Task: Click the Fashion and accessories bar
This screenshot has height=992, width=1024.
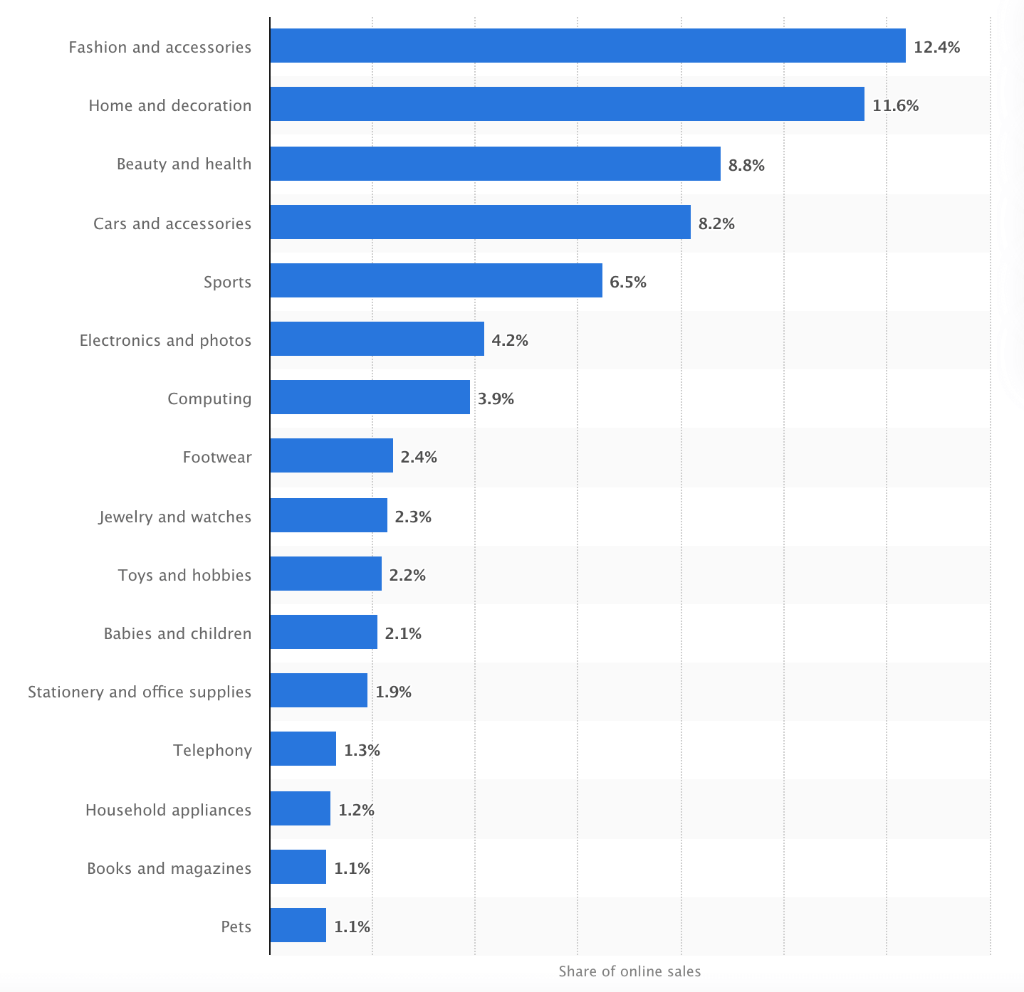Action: coord(587,46)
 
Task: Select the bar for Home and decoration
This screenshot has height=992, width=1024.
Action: coord(568,104)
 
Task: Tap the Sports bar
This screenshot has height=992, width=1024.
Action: coord(437,280)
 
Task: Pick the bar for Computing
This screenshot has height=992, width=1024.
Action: coord(370,397)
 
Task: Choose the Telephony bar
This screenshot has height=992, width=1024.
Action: coord(303,749)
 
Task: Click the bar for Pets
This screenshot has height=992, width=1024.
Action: coord(298,924)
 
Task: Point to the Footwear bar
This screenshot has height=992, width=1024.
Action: coord(332,455)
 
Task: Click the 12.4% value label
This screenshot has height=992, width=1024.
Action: coord(936,48)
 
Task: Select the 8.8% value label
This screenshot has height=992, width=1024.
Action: coord(746,166)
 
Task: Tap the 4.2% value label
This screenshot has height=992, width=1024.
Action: coord(510,341)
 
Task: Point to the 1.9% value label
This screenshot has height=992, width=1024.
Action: coord(393,692)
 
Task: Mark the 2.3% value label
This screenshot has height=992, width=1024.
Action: coord(413,517)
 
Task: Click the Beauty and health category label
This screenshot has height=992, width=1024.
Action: coord(184,164)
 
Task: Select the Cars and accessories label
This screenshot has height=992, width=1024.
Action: coord(172,223)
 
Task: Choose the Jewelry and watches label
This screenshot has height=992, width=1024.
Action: coord(174,517)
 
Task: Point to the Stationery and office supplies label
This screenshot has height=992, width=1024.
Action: coord(140,692)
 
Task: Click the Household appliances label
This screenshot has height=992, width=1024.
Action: coord(168,810)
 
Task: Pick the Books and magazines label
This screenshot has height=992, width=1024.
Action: coord(169,868)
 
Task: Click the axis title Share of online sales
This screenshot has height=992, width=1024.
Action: coord(630,971)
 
